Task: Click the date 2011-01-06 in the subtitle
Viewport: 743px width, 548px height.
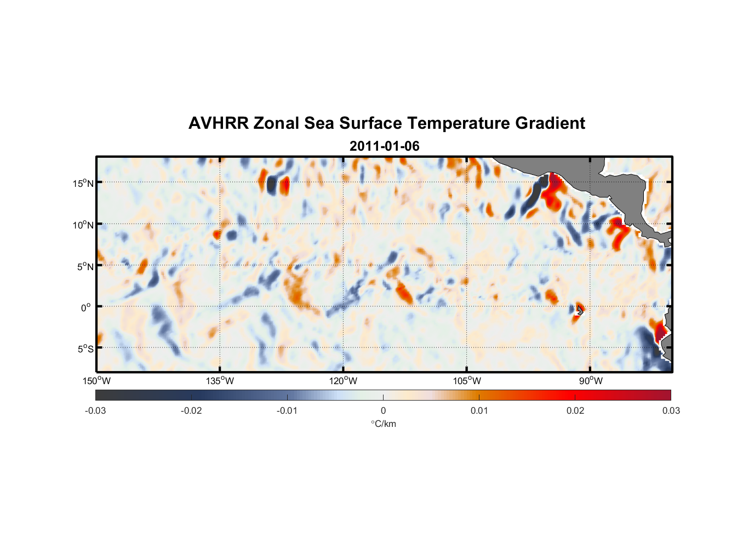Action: pos(384,146)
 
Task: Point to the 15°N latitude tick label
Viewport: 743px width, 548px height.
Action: pos(83,183)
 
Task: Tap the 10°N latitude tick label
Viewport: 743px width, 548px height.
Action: pos(83,225)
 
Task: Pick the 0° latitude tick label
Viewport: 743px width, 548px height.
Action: pos(86,307)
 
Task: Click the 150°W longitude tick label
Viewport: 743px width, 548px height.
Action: pos(96,381)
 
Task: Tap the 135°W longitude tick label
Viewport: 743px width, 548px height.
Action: pos(220,381)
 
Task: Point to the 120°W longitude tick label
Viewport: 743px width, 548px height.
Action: pos(343,381)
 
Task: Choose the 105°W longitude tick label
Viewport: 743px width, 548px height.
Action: pos(467,381)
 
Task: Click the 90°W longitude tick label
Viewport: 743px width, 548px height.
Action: pos(590,381)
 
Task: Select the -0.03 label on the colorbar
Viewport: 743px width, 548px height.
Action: pos(95,410)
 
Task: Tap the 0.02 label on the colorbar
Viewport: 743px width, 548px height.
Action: pos(575,410)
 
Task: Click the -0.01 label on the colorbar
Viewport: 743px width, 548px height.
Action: pos(287,410)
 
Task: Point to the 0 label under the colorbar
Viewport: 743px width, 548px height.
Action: pos(383,410)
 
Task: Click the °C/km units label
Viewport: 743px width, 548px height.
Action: pos(383,424)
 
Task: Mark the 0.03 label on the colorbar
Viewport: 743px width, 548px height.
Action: pos(671,410)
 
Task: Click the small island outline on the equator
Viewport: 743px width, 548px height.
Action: pos(580,310)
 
